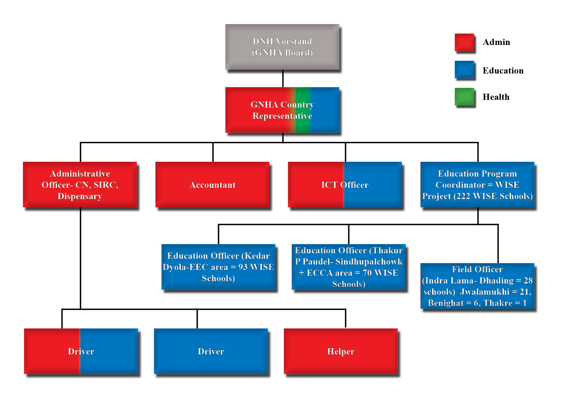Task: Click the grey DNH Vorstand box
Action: tap(282, 47)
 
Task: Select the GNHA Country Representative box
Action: tap(282, 110)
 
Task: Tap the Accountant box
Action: tap(212, 185)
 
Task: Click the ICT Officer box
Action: tap(345, 185)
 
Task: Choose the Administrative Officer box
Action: tap(80, 185)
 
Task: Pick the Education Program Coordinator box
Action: tap(477, 185)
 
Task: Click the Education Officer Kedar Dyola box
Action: tap(218, 267)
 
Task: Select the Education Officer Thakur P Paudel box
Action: tap(349, 267)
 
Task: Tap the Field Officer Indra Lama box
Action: tap(477, 286)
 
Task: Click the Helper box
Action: tap(341, 351)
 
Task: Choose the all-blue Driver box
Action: tap(211, 351)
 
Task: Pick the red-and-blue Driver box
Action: tap(81, 351)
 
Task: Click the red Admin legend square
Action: tap(464, 42)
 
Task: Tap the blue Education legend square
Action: tap(464, 70)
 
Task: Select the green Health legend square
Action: tap(464, 97)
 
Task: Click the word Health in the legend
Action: tap(496, 97)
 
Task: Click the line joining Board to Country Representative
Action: tap(283, 78)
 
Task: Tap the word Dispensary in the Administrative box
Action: tap(80, 196)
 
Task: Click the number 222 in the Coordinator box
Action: tap(463, 196)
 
